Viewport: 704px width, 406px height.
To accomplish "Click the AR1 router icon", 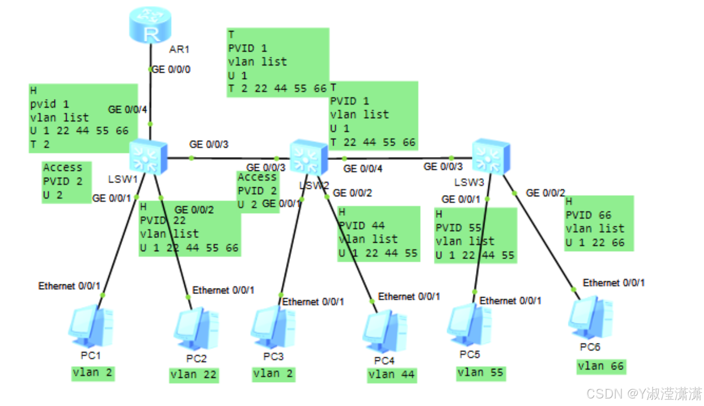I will click(150, 24).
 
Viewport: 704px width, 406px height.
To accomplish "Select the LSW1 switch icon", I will click(148, 157).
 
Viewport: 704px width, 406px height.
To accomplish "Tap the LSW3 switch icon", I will click(491, 156).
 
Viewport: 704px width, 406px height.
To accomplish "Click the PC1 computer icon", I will click(91, 326).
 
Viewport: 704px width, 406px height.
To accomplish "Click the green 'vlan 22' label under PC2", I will click(193, 375).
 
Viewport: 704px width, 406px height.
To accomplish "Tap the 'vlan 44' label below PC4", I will click(391, 375).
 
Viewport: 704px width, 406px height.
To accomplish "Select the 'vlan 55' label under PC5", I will click(480, 373).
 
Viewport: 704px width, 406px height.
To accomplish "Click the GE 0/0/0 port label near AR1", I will click(171, 69).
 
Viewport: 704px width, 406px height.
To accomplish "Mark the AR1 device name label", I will click(179, 49).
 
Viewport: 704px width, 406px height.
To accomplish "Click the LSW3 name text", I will click(469, 182).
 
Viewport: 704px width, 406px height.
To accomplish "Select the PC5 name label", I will click(469, 354).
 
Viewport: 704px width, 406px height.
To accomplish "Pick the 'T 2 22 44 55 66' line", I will click(277, 89).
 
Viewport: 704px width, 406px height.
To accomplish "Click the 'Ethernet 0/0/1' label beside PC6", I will click(613, 283).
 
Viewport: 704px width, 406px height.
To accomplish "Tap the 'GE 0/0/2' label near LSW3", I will click(545, 193).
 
